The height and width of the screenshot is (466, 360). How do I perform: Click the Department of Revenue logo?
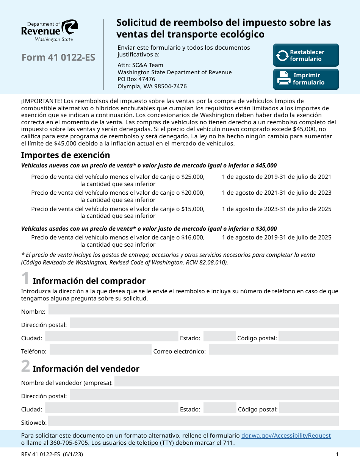pos(50,30)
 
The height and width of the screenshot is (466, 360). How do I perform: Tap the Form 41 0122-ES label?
pos(58,58)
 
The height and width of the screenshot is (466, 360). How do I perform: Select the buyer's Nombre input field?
pos(193,309)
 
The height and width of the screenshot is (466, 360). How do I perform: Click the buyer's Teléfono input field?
pos(100,349)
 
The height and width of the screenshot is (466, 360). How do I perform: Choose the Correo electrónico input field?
pos(273,349)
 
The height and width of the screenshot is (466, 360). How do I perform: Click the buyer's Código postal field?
pos(308,336)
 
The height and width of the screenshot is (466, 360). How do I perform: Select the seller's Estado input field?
pos(220,408)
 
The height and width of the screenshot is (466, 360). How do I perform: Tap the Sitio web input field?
pos(193,421)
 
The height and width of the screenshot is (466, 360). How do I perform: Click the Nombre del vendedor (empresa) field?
pos(226,381)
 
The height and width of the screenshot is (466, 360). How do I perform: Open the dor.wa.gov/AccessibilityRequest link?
pos(286,436)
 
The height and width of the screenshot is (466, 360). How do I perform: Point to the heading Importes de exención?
pos(66,155)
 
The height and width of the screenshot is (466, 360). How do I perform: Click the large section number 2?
pos(25,366)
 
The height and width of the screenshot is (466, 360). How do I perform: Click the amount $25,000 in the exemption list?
pos(193,177)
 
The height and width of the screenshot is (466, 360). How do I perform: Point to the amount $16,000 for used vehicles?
pos(193,238)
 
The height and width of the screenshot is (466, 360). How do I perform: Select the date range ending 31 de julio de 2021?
pos(276,177)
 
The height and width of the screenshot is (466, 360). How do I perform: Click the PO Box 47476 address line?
pos(136,79)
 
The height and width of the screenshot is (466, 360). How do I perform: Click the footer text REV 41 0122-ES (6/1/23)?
pos(52,455)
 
